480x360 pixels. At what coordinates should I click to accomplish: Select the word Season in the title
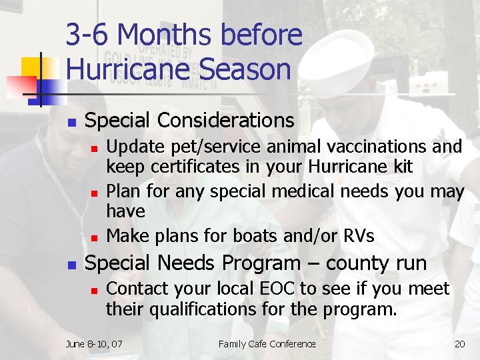(x=243, y=69)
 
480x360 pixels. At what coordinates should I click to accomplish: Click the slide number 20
(x=459, y=344)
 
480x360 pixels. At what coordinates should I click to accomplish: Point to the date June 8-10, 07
(x=94, y=344)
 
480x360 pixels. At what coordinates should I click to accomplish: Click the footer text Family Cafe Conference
(x=267, y=344)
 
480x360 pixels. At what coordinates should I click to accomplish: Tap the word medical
(x=303, y=192)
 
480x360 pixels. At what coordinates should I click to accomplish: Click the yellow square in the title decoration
(x=32, y=67)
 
